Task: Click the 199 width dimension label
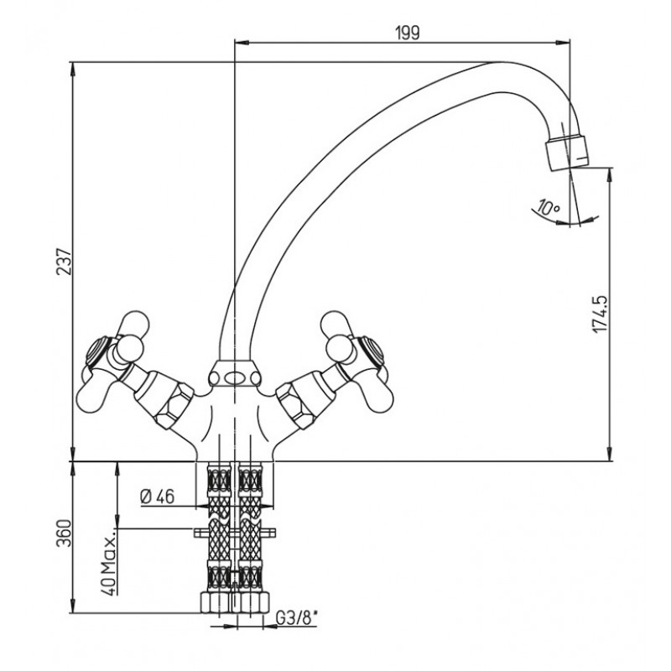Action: pos(408,33)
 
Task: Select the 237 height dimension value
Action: pos(65,261)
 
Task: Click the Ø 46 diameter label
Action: pos(157,497)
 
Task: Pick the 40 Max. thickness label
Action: pos(109,563)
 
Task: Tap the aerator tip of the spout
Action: pos(568,153)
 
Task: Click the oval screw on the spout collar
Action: pos(234,378)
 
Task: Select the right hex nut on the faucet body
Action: pos(296,403)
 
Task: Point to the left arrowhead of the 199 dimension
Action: pos(242,42)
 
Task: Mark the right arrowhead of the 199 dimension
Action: pos(563,42)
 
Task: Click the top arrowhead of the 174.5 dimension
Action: pos(610,174)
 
